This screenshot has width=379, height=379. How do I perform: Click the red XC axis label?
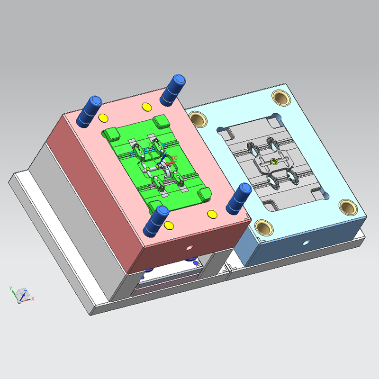tap(174, 157)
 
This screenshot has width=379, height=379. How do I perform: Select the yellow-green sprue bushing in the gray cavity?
tap(274, 162)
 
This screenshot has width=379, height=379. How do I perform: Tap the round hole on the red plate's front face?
tap(190, 247)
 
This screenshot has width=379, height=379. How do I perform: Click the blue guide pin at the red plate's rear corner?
tap(172, 90)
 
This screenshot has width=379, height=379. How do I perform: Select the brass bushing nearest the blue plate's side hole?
tap(263, 226)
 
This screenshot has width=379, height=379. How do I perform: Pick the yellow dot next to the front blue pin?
tap(168, 224)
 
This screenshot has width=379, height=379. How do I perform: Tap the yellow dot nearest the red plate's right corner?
tap(211, 214)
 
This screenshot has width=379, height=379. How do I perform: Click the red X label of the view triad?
tap(33, 298)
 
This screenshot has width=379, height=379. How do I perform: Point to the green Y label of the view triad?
tap(10, 288)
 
